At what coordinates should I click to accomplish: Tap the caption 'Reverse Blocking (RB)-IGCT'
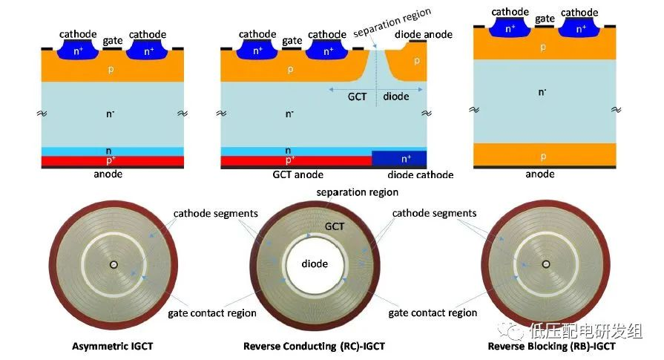pos(552,346)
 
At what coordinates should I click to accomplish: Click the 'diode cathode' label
pos(420,175)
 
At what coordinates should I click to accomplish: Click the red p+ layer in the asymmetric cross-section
pos(112,160)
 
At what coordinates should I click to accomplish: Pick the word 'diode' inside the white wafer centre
pos(315,264)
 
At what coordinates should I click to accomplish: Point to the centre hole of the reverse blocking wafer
pos(546,264)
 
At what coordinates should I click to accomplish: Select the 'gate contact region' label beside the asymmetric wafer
pos(211,312)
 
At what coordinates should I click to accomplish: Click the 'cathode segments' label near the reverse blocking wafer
pos(433,214)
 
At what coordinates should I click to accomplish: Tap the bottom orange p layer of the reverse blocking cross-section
pos(542,155)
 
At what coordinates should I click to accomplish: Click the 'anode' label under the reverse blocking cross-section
pos(539,174)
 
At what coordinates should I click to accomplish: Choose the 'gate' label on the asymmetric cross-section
pos(113,39)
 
